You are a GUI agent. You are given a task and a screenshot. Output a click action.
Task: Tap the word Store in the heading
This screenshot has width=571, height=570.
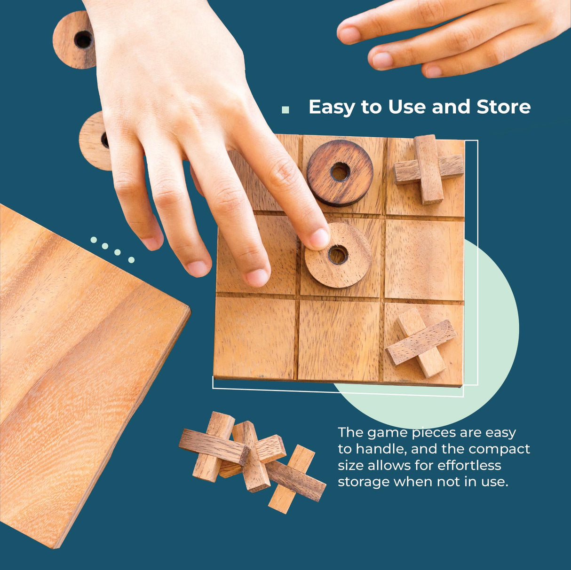[503, 107]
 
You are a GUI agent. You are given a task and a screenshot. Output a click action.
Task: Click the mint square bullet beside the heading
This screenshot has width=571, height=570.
[285, 110]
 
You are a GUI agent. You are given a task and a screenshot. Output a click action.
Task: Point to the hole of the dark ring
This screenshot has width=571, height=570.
[340, 172]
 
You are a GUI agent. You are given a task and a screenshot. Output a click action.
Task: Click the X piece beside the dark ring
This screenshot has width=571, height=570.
[428, 169]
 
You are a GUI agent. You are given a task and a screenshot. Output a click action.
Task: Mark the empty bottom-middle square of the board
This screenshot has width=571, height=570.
[339, 339]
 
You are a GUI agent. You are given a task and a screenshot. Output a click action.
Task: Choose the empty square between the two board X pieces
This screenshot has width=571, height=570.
[424, 259]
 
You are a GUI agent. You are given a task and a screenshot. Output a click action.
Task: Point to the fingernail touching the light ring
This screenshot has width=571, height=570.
[319, 238]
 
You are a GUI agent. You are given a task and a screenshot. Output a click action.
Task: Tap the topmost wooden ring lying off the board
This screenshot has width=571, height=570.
[75, 40]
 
